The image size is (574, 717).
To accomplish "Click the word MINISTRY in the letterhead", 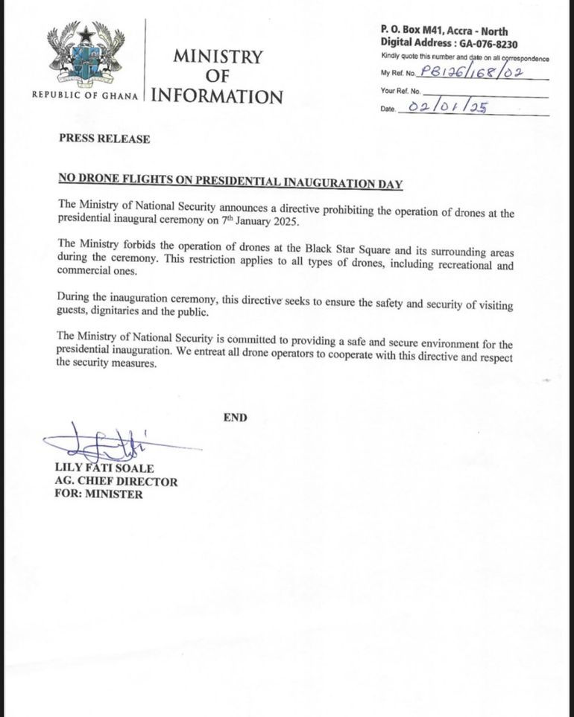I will [x=218, y=57].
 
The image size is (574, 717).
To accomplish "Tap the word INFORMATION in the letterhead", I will [x=217, y=96].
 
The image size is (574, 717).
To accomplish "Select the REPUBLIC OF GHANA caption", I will [x=84, y=96].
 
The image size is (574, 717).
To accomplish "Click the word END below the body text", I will [x=235, y=418].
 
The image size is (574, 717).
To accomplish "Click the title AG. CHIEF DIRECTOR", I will [x=116, y=481].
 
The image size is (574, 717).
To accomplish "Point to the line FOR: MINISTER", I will [x=98, y=494].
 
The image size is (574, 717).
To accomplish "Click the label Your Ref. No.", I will [x=401, y=91].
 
